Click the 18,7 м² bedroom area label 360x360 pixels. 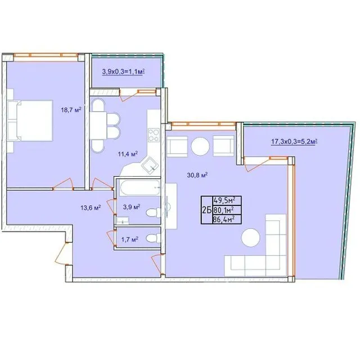(x=71, y=110)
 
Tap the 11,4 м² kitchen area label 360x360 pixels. (x=128, y=154)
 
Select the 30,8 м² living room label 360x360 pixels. (x=197, y=175)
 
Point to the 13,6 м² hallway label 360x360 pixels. (x=91, y=208)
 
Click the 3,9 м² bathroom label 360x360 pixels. (x=132, y=207)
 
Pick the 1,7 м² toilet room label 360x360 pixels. (x=130, y=240)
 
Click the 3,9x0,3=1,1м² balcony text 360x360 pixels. (x=123, y=72)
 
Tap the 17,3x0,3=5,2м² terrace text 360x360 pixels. (x=294, y=141)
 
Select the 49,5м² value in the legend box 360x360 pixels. (x=224, y=200)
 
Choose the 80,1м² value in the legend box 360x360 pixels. (x=224, y=210)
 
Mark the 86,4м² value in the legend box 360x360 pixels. (x=224, y=219)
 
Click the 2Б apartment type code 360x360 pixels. (x=206, y=210)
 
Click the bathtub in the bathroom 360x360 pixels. (x=139, y=187)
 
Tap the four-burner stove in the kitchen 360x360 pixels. (x=154, y=135)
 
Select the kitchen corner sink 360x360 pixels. (x=150, y=165)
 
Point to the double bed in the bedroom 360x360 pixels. (x=30, y=120)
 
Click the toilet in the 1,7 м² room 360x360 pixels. (x=154, y=238)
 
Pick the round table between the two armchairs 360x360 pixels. (x=200, y=146)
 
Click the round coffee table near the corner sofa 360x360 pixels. (x=250, y=237)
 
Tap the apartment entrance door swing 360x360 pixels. (x=60, y=253)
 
